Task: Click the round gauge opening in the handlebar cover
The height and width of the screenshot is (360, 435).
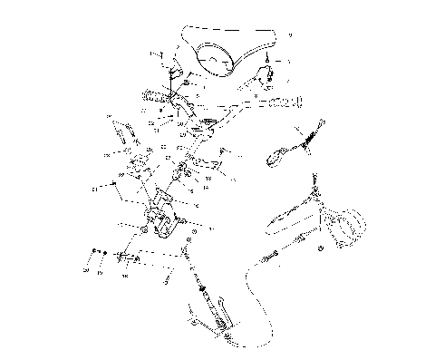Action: pos(216,58)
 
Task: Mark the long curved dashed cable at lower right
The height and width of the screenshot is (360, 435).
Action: pos(254,299)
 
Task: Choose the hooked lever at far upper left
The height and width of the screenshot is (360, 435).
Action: pos(121,133)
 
